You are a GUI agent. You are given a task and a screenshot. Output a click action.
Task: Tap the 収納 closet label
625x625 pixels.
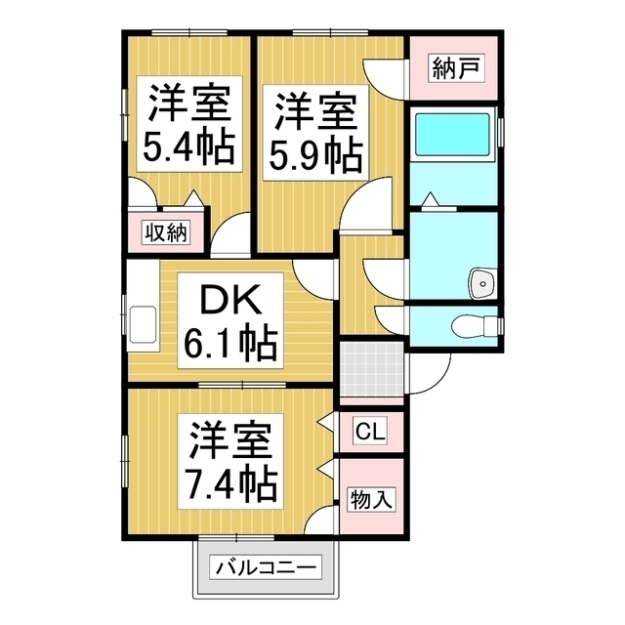[x=165, y=232]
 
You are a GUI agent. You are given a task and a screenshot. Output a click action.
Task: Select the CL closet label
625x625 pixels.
[x=369, y=431]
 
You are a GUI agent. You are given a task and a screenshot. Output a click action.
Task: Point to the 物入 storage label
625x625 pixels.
[x=371, y=500]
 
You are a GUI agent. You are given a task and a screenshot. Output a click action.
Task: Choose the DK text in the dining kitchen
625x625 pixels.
[x=230, y=298]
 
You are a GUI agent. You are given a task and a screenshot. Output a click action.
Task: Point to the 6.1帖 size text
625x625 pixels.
[x=230, y=343]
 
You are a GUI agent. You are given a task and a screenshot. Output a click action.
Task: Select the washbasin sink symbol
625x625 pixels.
[x=481, y=283]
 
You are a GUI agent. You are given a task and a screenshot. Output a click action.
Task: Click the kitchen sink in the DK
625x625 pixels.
[x=145, y=321]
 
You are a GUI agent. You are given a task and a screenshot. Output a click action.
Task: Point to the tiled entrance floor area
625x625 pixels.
[x=371, y=370]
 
